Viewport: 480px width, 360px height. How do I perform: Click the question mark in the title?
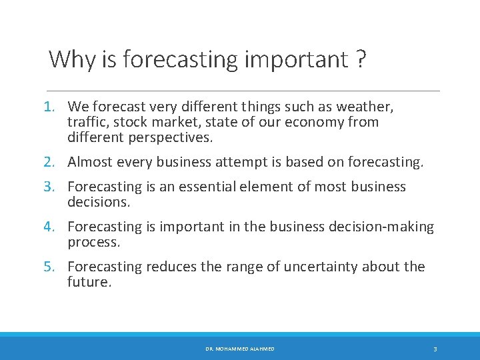click(360, 60)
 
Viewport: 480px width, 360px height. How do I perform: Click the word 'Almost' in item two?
click(90, 162)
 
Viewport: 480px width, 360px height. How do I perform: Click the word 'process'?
click(93, 243)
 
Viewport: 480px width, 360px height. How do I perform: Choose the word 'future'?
click(89, 283)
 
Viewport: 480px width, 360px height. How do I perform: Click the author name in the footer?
click(240, 349)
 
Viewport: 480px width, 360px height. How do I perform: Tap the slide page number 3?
click(435, 349)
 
